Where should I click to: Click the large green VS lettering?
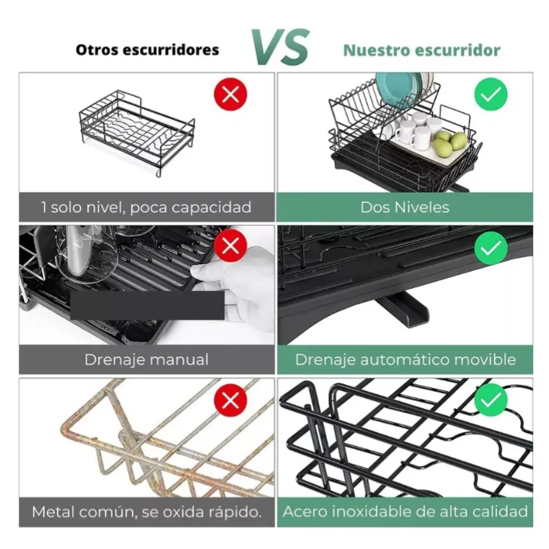(281, 47)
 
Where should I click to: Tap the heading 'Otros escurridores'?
(148, 49)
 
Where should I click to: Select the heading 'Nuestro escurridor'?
(421, 50)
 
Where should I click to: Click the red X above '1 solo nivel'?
(231, 94)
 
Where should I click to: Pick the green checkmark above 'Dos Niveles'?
(491, 94)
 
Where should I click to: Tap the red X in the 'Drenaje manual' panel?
(231, 246)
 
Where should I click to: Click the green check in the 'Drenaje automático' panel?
(491, 248)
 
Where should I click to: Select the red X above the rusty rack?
(231, 399)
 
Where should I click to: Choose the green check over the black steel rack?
(491, 399)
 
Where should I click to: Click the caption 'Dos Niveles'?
(405, 207)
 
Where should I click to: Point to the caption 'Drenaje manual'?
(146, 360)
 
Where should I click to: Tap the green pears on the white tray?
(450, 143)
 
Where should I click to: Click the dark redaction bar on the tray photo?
(148, 305)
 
